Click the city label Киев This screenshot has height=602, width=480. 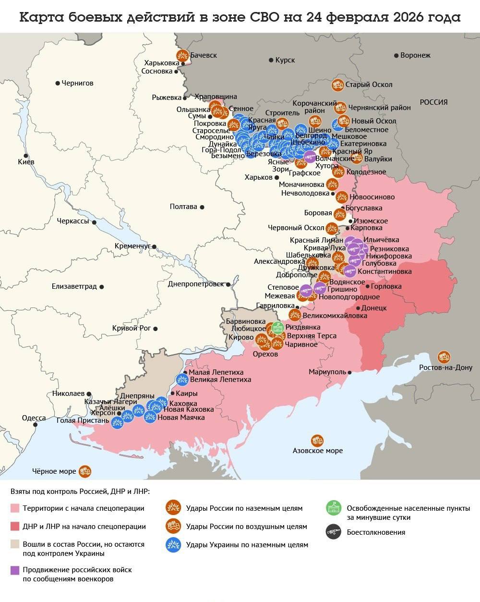tap(26, 162)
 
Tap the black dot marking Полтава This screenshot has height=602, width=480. tap(202, 207)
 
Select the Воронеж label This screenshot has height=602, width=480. tap(415, 55)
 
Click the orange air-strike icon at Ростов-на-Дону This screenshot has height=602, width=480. tap(444, 357)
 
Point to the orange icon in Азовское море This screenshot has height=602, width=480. tap(317, 440)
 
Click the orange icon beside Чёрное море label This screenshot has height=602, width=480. tap(85, 471)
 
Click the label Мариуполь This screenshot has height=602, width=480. tap(327, 372)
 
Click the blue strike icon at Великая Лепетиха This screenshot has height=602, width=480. tap(182, 380)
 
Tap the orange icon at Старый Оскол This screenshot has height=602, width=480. tap(337, 85)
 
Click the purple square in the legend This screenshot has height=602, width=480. tap(15, 570)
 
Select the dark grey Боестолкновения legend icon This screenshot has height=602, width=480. tap(333, 532)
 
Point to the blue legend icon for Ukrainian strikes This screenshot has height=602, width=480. tap(172, 544)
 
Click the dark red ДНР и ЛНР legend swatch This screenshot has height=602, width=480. tap(15, 527)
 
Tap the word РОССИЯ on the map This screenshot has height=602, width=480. tap(433, 102)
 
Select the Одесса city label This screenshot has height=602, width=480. tap(34, 418)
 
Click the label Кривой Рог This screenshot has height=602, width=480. tap(131, 328)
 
